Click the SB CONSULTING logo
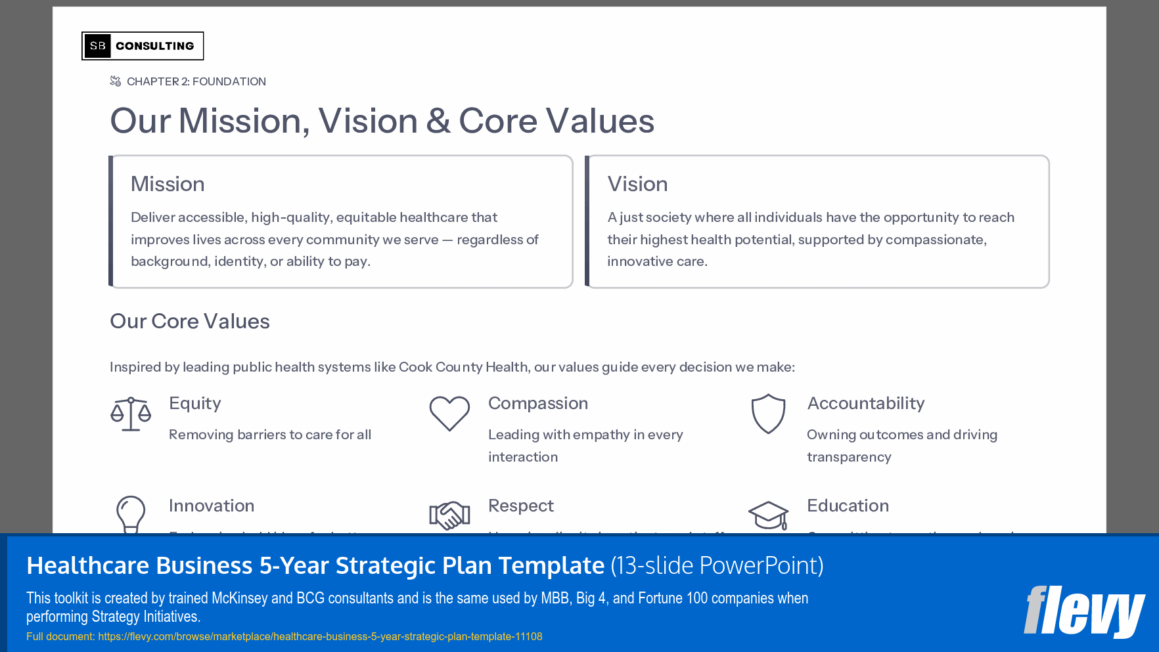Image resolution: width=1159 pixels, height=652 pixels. tap(143, 46)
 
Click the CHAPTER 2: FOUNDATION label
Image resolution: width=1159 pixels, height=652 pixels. tap(196, 81)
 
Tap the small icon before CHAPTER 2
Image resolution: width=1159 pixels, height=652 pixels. tap(116, 81)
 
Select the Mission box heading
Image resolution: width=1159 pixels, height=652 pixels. tap(168, 184)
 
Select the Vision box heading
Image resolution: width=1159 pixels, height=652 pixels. tap(637, 184)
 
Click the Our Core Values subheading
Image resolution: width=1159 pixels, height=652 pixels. tap(190, 321)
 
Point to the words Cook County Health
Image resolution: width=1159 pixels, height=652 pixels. tap(463, 367)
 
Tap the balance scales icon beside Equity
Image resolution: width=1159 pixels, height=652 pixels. tap(131, 414)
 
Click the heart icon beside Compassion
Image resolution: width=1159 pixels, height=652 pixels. tap(449, 414)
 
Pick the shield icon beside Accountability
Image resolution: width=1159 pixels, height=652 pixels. tap(768, 414)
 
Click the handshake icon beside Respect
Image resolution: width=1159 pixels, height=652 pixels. tap(449, 515)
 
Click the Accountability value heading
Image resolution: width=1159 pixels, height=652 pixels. tap(865, 403)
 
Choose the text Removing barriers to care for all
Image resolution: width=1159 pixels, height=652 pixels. tap(270, 435)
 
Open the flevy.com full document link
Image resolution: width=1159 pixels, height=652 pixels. tap(320, 636)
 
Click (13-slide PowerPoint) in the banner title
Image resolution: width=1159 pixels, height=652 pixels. tap(717, 565)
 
